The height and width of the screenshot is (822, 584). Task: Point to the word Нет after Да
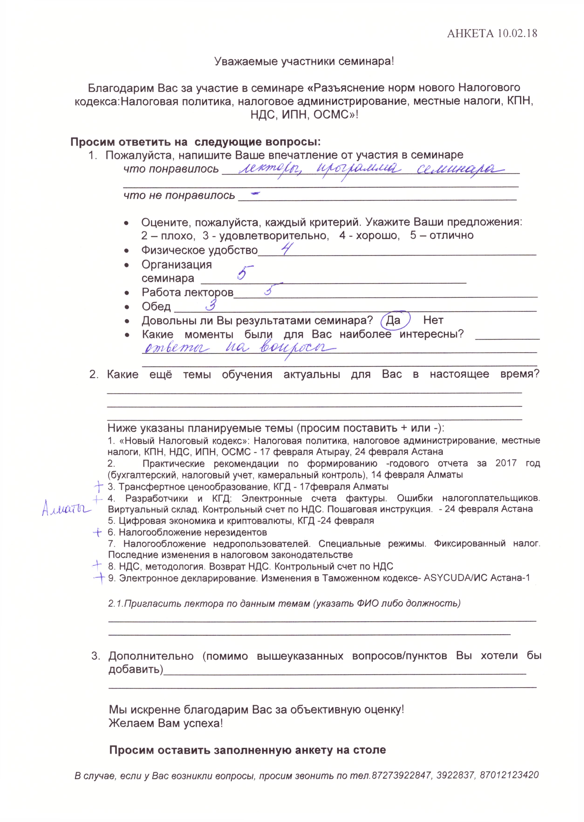click(433, 320)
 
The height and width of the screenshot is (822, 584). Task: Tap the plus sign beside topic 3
click(98, 487)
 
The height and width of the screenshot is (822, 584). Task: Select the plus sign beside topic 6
click(97, 532)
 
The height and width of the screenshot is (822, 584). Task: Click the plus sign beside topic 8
click(97, 565)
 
